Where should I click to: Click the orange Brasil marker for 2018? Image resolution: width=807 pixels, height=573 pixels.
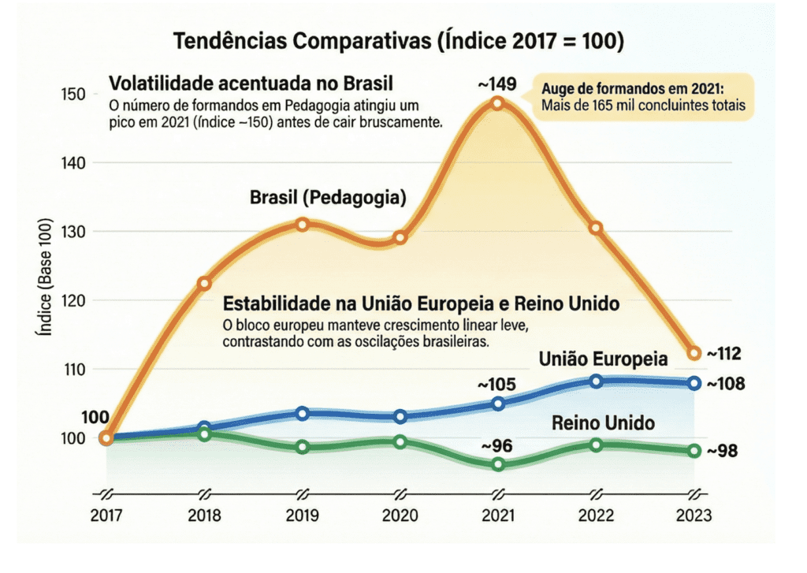(x=204, y=283)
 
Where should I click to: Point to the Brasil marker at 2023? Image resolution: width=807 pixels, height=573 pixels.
(x=694, y=352)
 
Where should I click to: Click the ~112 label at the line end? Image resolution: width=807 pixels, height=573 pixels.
(x=724, y=353)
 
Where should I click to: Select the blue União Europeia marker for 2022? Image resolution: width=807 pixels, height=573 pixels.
(x=597, y=381)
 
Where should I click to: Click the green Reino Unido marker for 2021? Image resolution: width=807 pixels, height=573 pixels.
(x=498, y=464)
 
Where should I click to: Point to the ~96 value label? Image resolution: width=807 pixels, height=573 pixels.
(x=497, y=446)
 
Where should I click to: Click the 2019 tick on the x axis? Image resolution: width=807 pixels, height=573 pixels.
(x=302, y=515)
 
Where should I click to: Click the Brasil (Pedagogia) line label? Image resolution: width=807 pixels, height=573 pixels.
(x=328, y=198)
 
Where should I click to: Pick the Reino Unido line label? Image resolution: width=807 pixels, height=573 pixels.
(x=603, y=423)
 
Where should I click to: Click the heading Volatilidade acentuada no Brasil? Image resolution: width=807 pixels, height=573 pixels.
(x=251, y=83)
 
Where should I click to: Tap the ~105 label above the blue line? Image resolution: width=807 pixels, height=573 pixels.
(x=497, y=385)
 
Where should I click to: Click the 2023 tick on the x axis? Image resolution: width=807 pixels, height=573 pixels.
(x=694, y=515)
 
